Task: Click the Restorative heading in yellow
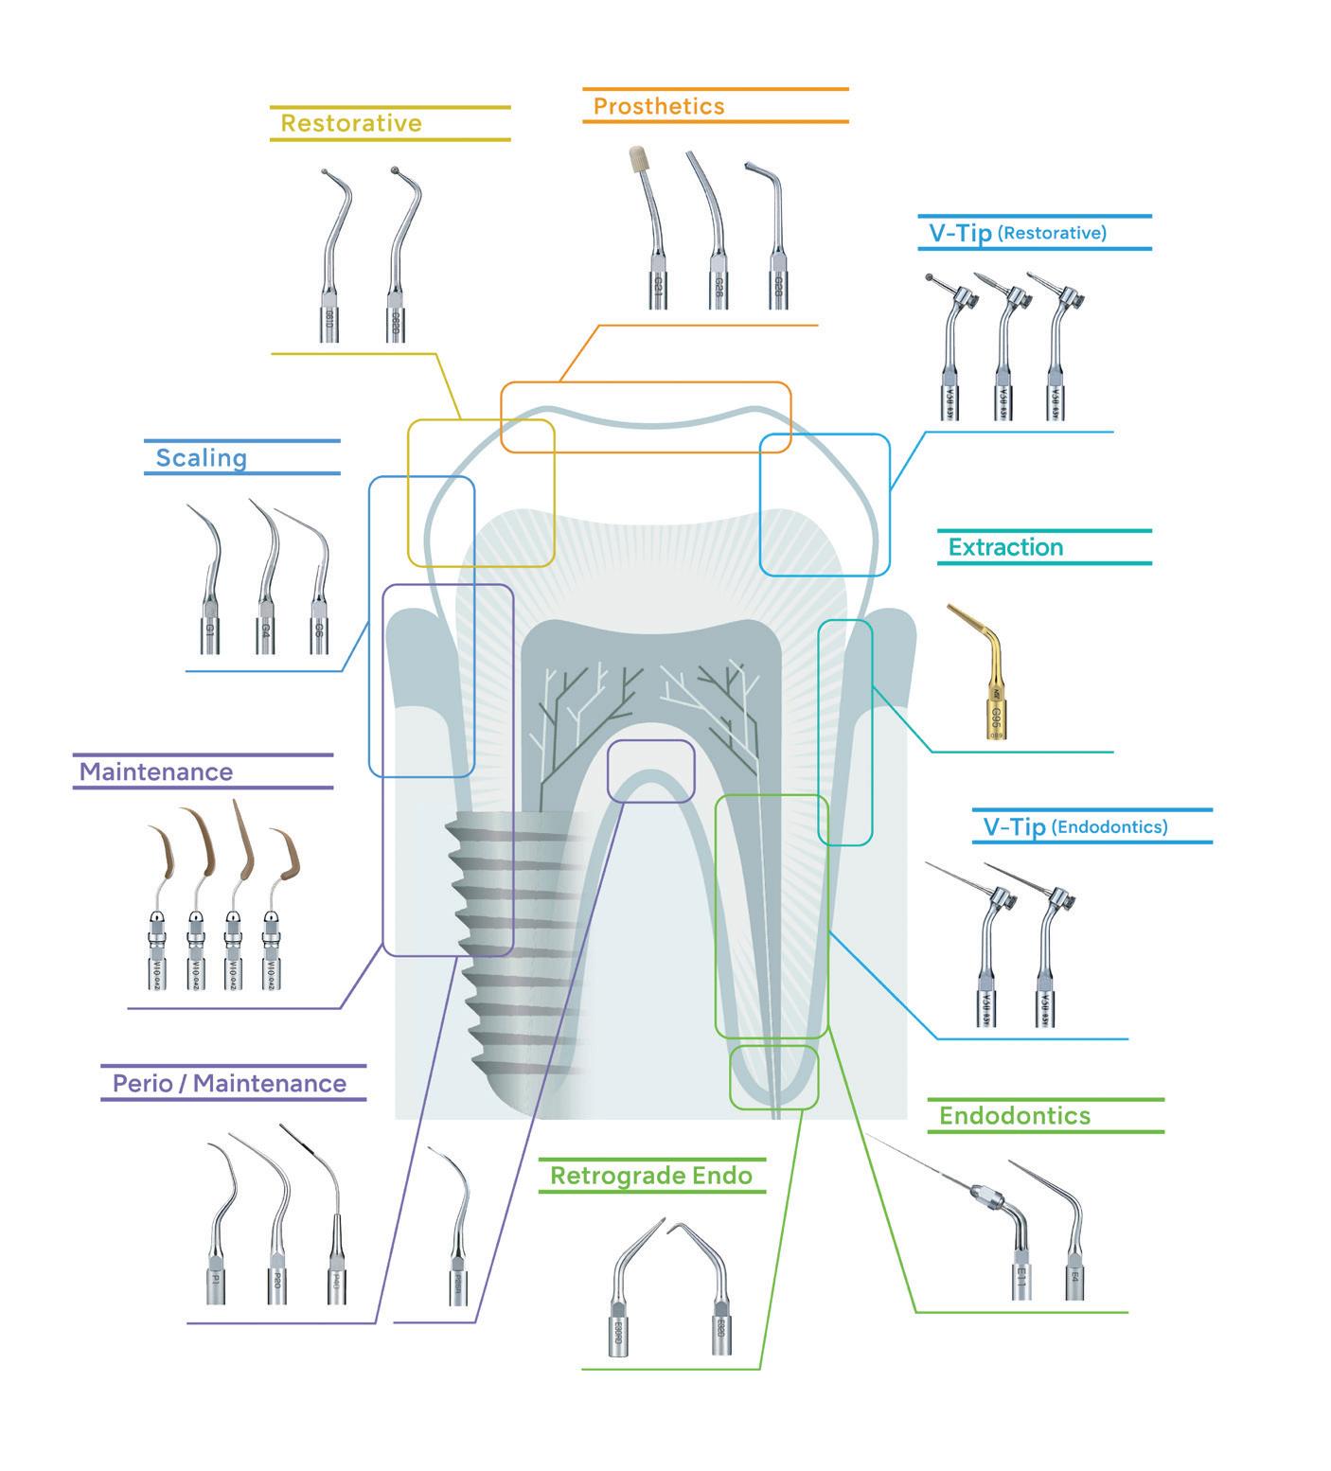coord(351,123)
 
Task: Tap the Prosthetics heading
coord(659,106)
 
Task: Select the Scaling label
coord(201,458)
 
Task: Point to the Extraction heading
coord(1005,547)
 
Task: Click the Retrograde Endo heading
coord(651,1176)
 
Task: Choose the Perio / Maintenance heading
coord(229,1083)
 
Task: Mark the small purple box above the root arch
coord(650,771)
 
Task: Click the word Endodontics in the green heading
coord(1014,1116)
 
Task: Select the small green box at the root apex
coord(773,1076)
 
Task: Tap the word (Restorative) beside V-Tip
coord(1052,232)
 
